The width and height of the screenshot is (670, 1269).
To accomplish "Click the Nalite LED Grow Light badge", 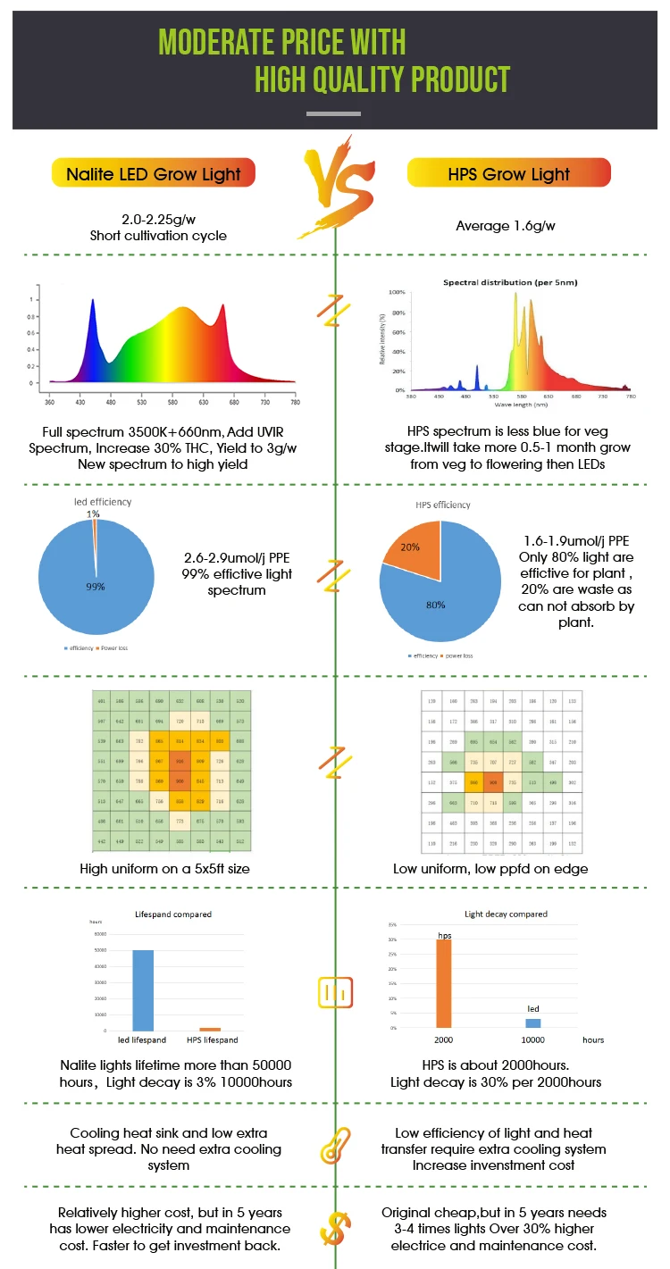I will point(154,173).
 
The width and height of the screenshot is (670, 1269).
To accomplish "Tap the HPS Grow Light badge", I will point(508,173).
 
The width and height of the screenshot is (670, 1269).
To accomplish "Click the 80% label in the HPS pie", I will point(435,605).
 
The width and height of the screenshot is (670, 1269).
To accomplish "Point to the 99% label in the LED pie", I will point(96,587).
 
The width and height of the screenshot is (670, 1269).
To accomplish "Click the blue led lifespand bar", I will point(142,989).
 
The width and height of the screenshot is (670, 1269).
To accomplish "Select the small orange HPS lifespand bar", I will point(210,1029).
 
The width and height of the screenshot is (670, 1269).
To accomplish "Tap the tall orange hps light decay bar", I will point(444,983).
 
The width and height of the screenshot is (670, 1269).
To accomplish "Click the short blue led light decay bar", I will point(532,1023).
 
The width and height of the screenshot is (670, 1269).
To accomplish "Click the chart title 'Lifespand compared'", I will point(173,914).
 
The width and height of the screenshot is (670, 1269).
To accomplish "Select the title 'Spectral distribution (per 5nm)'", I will point(510,282).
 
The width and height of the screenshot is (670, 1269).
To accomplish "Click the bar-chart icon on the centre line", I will point(336,992).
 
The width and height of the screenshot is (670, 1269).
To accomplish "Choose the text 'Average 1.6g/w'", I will point(506,226).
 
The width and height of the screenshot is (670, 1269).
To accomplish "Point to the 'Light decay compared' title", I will point(506,914).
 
